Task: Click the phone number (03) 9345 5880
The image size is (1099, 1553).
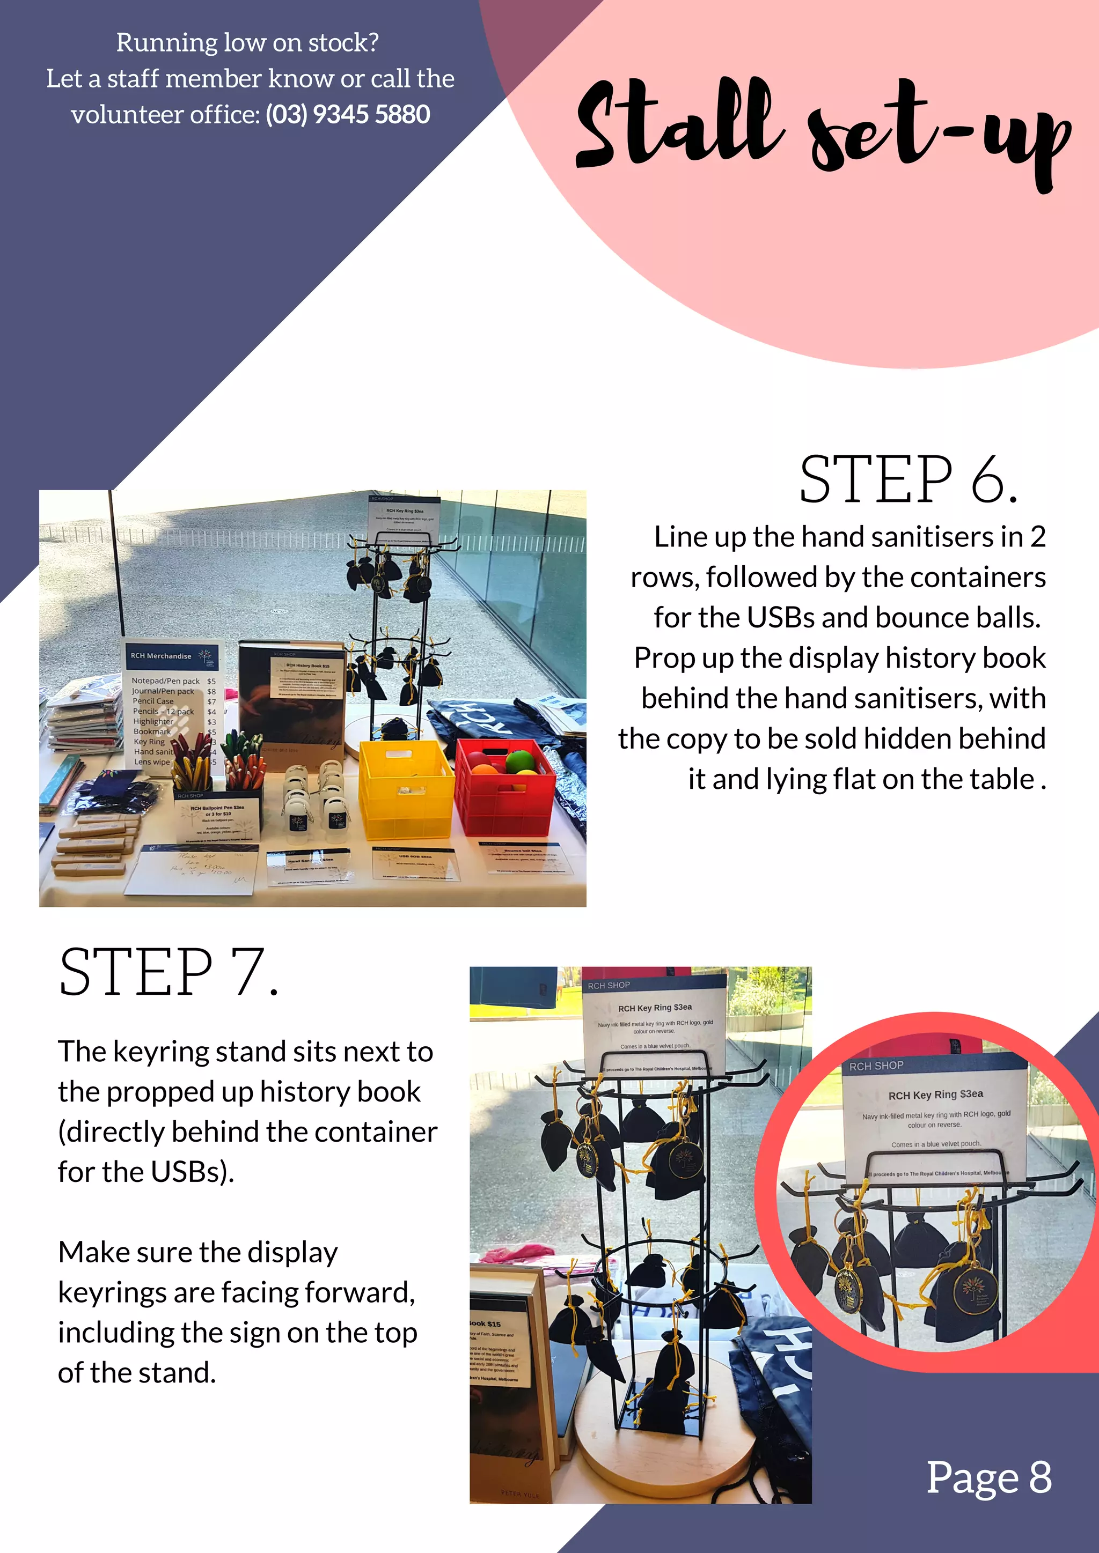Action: coord(347,114)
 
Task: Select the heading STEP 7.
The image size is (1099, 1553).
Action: coord(168,973)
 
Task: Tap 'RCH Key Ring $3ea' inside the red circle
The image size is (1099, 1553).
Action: coord(935,1095)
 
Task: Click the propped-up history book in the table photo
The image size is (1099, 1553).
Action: coord(291,704)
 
